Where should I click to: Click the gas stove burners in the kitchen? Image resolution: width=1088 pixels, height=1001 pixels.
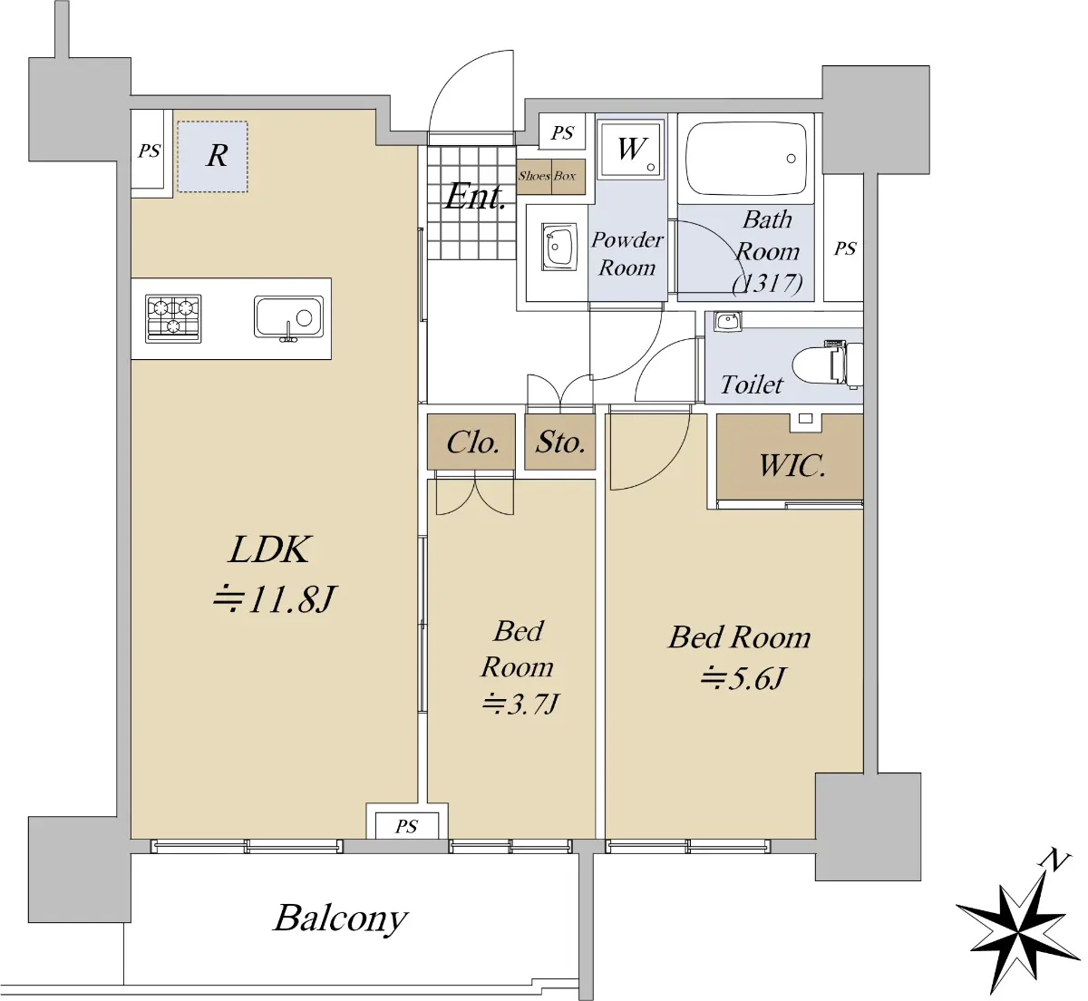(173, 318)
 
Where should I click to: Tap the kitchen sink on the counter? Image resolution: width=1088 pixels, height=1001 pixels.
(288, 318)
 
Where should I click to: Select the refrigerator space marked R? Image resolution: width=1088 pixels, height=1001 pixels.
(212, 156)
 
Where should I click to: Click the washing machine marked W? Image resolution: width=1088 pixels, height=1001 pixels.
(630, 150)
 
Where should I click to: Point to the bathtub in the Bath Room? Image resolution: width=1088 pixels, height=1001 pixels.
(745, 159)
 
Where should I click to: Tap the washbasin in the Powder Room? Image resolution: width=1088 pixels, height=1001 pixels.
(559, 247)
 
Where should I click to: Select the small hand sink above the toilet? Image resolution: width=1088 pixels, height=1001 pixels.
(727, 321)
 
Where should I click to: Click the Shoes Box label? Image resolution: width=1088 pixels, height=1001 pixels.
(547, 176)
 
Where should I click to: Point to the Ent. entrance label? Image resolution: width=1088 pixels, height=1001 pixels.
(475, 197)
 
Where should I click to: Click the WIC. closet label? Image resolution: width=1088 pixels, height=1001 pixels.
(792, 465)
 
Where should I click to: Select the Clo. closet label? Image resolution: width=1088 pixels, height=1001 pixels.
(472, 442)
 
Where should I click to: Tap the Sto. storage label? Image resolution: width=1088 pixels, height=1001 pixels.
(560, 442)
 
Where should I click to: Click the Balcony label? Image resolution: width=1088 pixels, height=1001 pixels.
(340, 918)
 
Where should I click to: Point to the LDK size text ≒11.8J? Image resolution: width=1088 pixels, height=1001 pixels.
(275, 599)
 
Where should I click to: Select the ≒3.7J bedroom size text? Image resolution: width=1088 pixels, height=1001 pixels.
(520, 704)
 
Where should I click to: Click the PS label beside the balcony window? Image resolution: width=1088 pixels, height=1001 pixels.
(406, 826)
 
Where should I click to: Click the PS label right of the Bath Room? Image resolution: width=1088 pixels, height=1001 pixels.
(844, 248)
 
